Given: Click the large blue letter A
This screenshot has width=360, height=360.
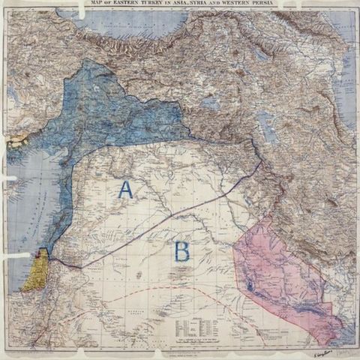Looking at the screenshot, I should (x=124, y=190).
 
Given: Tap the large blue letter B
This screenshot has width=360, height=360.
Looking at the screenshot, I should (x=181, y=250).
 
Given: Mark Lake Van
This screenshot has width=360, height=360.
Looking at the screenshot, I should (x=217, y=99).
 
